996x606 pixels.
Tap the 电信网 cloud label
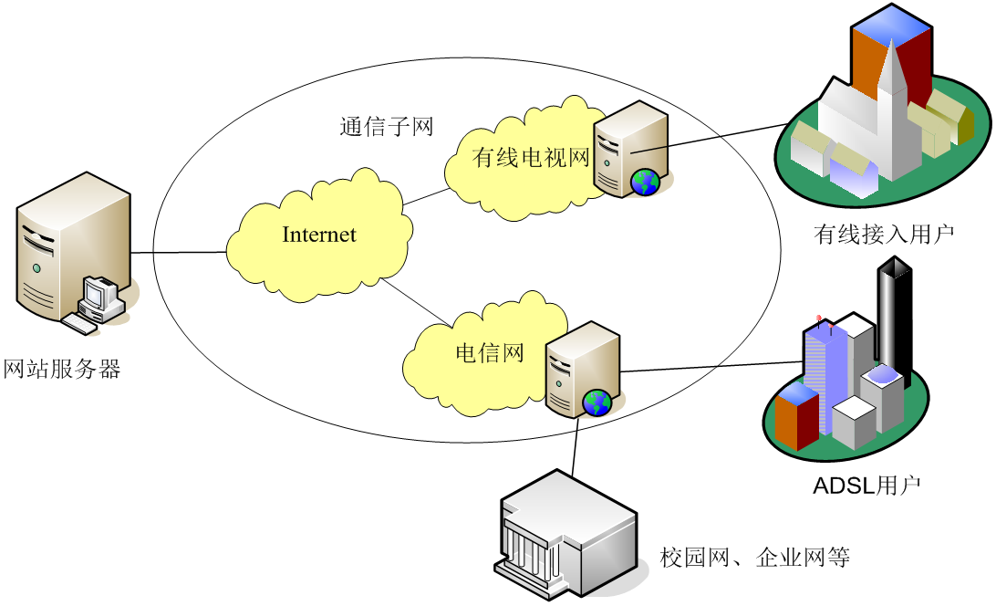489,352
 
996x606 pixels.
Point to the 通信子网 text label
386,127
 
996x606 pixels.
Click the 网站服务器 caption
62,370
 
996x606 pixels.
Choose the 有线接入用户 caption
884,235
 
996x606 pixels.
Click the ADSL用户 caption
866,486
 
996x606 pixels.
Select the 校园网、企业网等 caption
755,557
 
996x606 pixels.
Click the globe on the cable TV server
645,183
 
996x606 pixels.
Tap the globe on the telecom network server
597,402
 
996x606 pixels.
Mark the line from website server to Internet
178,253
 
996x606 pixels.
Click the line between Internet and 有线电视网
427,198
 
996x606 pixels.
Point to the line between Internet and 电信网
416,302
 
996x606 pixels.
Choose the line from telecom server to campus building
575,447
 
